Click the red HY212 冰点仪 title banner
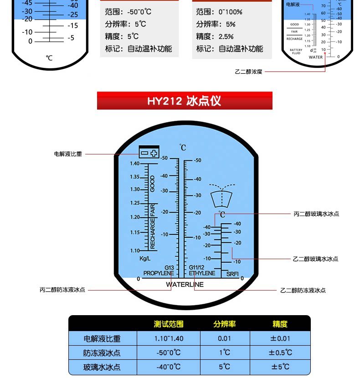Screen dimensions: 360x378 point(185,101)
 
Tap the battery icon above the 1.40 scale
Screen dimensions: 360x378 point(149,153)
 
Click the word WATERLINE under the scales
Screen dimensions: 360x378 point(185,285)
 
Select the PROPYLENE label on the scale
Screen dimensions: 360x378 point(158,273)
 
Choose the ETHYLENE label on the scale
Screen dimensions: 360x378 point(202,273)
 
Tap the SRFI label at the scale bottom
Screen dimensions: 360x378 point(233,274)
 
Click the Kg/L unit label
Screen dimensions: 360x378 point(145,259)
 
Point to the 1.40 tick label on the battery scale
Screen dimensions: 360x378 point(134,163)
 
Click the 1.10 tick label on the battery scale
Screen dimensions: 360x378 point(134,250)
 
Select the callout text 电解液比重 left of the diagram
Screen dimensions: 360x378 point(68,154)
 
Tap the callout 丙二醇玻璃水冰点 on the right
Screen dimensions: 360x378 point(316,214)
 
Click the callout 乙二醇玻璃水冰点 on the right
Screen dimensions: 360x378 point(315,259)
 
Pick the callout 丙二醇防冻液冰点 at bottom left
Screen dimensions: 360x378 point(62,290)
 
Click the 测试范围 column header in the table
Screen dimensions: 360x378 point(169,324)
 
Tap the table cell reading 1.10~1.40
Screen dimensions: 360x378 point(169,338)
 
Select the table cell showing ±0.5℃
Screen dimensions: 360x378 point(280,352)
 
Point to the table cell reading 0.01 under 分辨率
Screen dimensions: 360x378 point(224,338)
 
